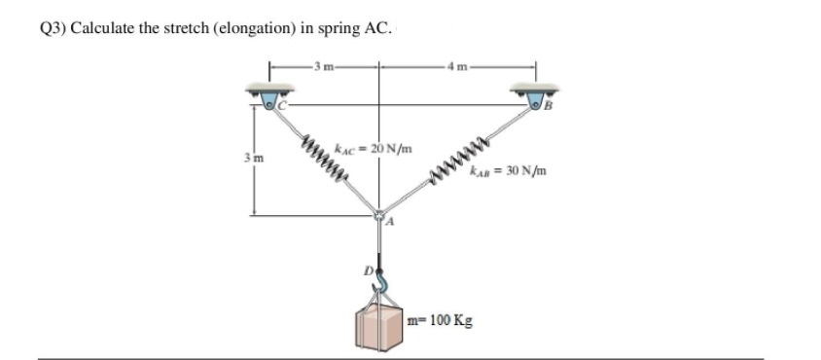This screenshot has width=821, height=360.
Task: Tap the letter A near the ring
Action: (388, 224)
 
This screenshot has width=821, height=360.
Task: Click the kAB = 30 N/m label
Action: (506, 171)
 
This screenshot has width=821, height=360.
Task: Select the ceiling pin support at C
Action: (269, 96)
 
